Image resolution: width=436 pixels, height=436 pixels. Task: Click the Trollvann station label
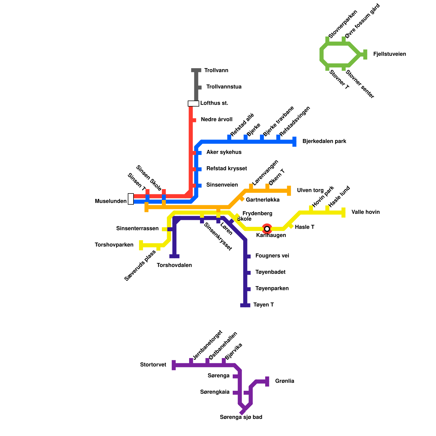pyautogui.click(x=216, y=71)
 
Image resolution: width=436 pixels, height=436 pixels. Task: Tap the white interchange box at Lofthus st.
pyautogui.click(x=193, y=104)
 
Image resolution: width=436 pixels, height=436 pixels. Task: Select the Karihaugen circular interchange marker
pyautogui.click(x=267, y=229)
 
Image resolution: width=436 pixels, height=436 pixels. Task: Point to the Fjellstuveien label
pyautogui.click(x=389, y=54)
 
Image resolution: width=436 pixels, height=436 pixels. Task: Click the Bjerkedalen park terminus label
pyautogui.click(x=324, y=141)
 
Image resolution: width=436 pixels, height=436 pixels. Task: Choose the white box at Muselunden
pyautogui.click(x=131, y=199)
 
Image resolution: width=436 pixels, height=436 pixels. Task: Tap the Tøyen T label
pyautogui.click(x=264, y=305)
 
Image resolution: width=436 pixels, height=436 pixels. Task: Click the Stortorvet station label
pyautogui.click(x=153, y=365)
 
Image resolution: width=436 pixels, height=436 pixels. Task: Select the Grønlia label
pyautogui.click(x=284, y=381)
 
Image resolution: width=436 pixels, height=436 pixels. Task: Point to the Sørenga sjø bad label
pyautogui.click(x=241, y=417)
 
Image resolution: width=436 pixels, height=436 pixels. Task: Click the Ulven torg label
pyautogui.click(x=310, y=190)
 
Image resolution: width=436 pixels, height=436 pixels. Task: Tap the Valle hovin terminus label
pyautogui.click(x=365, y=212)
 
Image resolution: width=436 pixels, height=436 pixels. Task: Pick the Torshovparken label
pyautogui.click(x=114, y=245)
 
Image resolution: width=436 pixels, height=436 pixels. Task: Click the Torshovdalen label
pyautogui.click(x=174, y=265)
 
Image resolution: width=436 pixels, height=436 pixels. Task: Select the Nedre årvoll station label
pyautogui.click(x=216, y=120)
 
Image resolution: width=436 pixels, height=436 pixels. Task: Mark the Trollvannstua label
pyautogui.click(x=224, y=87)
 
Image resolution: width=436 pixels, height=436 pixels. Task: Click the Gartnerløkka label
pyautogui.click(x=262, y=200)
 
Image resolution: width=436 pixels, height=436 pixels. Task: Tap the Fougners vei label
pyautogui.click(x=272, y=256)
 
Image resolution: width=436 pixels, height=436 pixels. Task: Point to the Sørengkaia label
pyautogui.click(x=215, y=392)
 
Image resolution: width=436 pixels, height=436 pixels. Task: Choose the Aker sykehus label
pyautogui.click(x=224, y=152)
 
